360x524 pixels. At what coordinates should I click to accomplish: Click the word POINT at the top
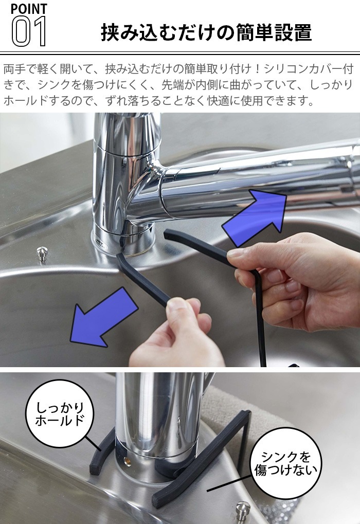29,9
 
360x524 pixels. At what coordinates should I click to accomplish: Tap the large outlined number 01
29,31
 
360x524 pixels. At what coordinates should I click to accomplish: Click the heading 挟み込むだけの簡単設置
206,32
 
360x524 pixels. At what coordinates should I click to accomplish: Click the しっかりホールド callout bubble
60,414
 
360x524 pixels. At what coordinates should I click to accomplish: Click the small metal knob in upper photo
42,254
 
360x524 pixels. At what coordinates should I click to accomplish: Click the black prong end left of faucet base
96,468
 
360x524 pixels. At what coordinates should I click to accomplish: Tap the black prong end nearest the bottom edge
159,501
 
